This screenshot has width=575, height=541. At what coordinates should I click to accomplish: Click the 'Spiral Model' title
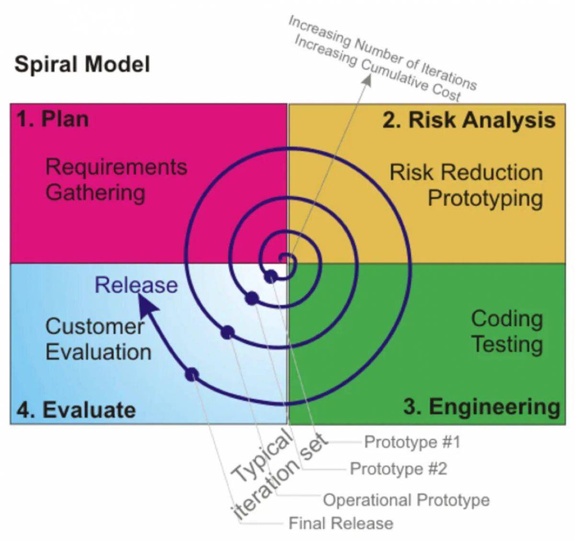tap(82, 64)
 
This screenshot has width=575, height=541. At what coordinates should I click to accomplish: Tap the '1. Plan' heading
tap(53, 119)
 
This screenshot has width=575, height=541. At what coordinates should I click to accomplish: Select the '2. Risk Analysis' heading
tap(469, 120)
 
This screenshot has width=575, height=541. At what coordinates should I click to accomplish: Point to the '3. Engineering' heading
tap(481, 407)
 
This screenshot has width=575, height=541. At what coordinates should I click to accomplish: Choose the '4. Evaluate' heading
tap(76, 410)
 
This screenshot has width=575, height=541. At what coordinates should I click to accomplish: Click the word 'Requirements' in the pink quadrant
tap(116, 167)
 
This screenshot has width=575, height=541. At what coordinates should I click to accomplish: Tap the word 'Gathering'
tap(95, 192)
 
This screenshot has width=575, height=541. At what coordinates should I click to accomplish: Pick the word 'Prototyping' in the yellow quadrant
tap(485, 199)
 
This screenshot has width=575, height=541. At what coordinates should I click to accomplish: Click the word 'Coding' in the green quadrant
tap(506, 318)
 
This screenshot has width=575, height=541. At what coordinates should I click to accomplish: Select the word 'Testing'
tap(506, 344)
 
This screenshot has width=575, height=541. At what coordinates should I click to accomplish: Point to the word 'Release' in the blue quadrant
tap(136, 285)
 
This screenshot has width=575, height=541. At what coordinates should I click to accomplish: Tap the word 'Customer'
tap(94, 327)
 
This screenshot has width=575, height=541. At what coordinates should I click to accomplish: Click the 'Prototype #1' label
tap(412, 442)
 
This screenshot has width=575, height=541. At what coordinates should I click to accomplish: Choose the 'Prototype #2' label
tap(398, 469)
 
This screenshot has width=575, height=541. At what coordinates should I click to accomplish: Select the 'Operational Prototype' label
tap(406, 500)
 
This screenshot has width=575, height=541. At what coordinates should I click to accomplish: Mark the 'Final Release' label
tap(341, 523)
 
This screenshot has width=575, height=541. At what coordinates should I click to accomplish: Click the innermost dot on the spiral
tap(271, 276)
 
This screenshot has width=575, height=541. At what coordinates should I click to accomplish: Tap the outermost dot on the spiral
tap(192, 374)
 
